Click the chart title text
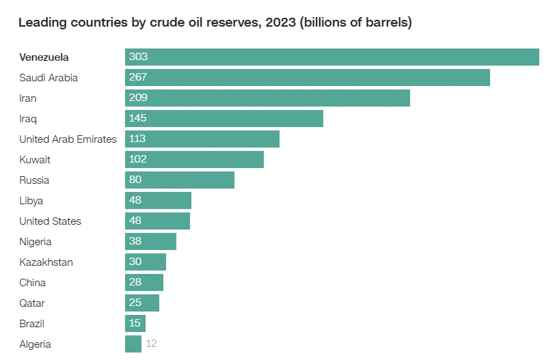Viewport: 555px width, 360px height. [215, 23]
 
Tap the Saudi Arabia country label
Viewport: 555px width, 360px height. [49, 78]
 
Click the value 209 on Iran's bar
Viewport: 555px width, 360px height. [138, 98]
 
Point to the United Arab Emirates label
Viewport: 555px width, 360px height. [68, 139]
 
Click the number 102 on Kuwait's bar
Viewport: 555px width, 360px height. [138, 159]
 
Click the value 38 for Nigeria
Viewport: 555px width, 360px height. [135, 241]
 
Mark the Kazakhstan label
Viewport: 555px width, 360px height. [46, 262]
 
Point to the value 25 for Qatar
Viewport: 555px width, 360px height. [135, 303]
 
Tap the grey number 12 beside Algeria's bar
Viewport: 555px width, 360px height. [152, 344]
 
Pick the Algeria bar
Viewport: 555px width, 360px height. [133, 344]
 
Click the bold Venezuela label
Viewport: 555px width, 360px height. [44, 57]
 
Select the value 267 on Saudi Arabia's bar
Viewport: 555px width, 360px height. [138, 77]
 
